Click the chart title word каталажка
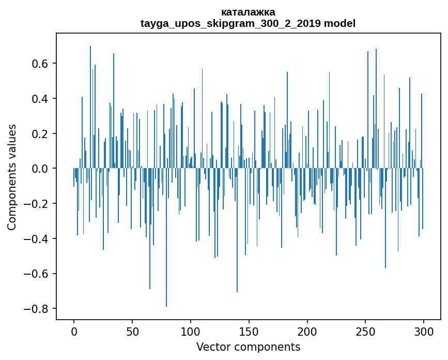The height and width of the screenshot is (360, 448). [x=248, y=12]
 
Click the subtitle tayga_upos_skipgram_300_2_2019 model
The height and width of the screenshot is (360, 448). [x=248, y=23]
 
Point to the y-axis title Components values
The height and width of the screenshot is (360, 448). [x=12, y=177]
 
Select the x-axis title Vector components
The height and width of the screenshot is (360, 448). [x=248, y=347]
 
